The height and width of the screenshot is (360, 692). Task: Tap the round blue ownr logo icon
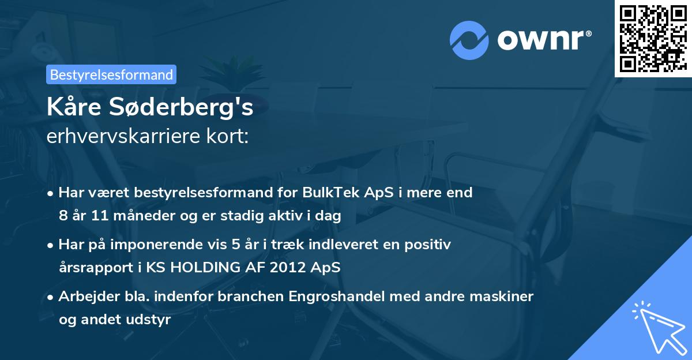(x=469, y=40)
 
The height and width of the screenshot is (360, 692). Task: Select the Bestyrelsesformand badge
(x=111, y=74)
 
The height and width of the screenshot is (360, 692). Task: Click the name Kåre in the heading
(x=73, y=108)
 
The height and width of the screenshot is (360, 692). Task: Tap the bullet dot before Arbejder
(x=51, y=297)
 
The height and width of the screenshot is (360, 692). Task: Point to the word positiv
(x=428, y=245)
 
